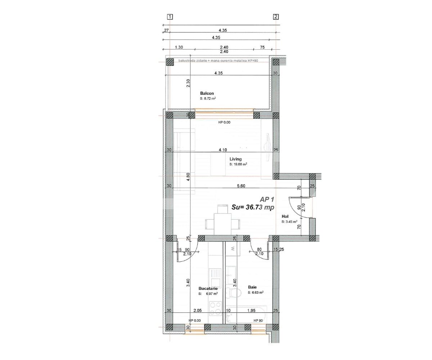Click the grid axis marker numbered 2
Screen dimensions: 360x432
[x=276, y=17]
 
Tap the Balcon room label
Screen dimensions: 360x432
[x=207, y=93]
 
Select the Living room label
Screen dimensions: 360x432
[x=235, y=159]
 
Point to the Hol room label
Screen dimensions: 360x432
[x=285, y=216]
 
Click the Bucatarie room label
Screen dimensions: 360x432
[x=208, y=288]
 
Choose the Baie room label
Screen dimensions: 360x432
[x=252, y=287]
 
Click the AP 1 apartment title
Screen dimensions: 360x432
[x=267, y=199]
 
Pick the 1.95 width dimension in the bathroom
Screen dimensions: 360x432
[x=251, y=310]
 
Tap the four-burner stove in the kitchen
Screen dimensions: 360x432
[x=215, y=308]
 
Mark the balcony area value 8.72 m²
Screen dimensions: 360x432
[x=208, y=98]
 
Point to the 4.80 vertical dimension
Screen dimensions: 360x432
[x=188, y=176]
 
